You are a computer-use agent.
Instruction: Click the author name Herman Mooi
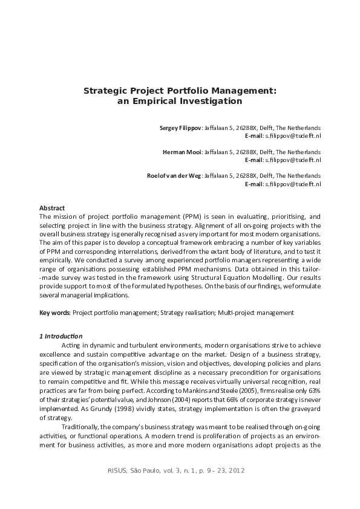click(183, 152)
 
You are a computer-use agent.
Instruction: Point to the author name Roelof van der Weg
click(174, 175)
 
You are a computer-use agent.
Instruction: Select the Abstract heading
click(52, 208)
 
